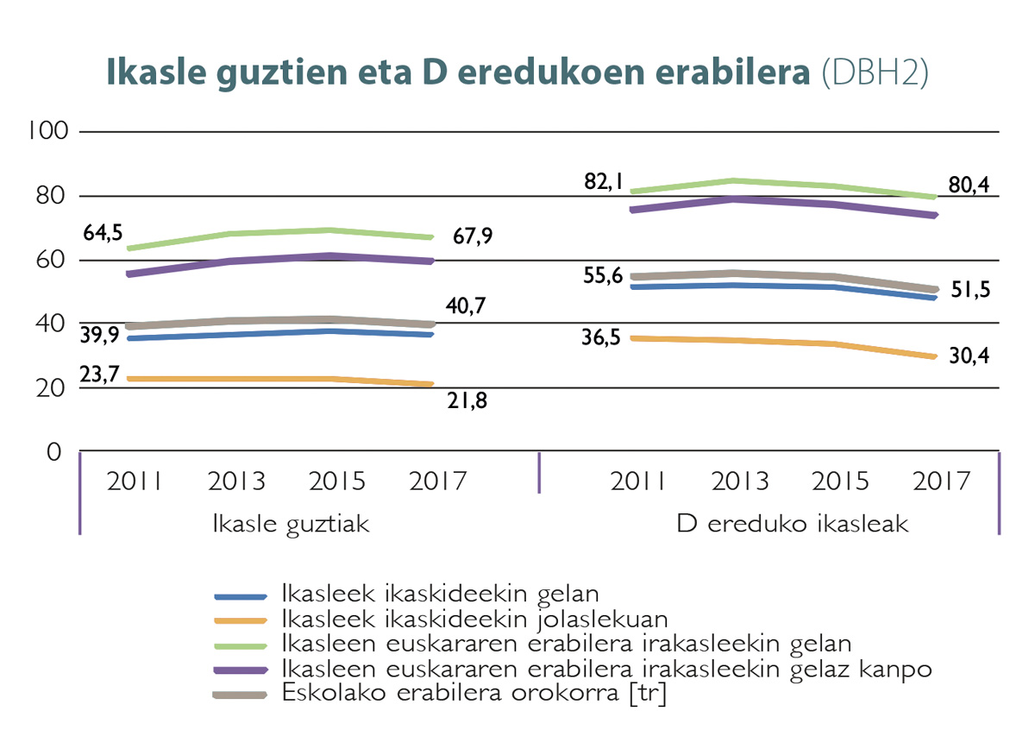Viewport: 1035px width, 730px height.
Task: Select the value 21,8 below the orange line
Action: (467, 400)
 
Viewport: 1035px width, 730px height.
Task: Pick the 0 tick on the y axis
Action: (54, 452)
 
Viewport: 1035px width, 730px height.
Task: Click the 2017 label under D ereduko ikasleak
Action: (943, 480)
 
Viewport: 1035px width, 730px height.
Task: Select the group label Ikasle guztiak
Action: (291, 524)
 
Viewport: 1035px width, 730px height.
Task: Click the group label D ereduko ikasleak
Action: (793, 524)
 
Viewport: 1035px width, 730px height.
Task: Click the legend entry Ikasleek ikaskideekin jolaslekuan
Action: (475, 618)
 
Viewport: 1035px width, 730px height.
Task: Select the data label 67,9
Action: (473, 236)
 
